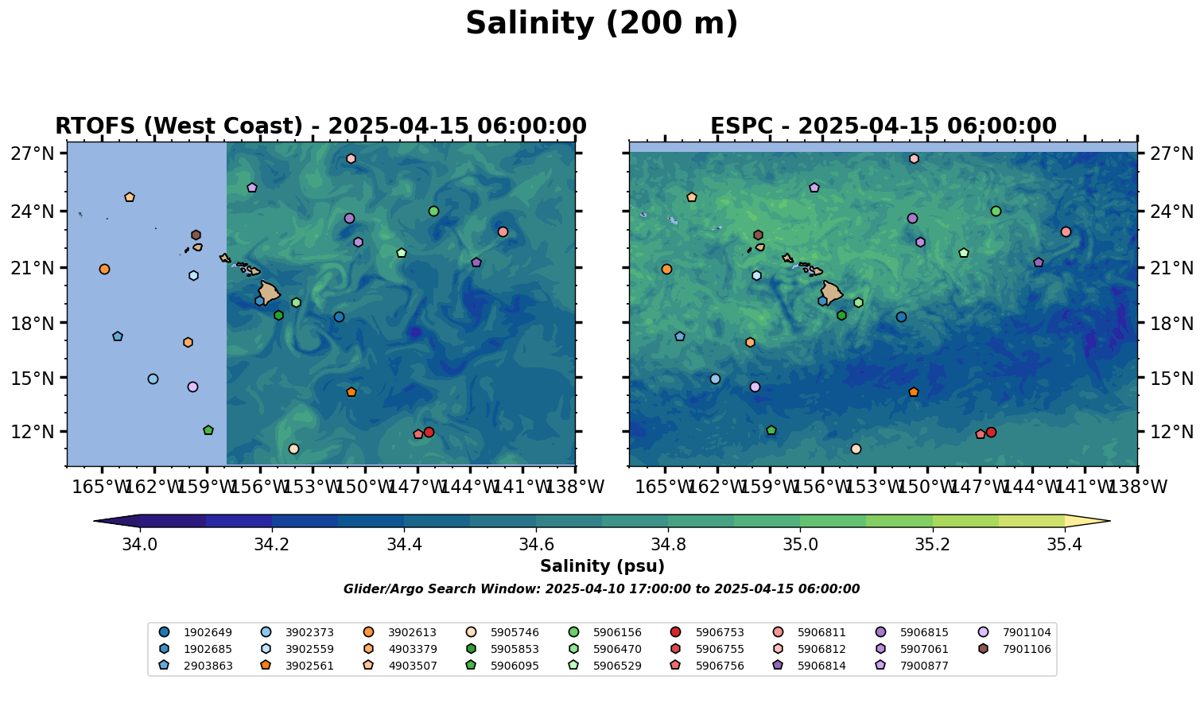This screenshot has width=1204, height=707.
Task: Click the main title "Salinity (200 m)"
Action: pos(601,24)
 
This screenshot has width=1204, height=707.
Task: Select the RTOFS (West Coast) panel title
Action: pos(320,126)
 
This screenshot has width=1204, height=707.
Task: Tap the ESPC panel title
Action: pos(883,126)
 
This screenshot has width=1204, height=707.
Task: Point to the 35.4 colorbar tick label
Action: pos(1064,545)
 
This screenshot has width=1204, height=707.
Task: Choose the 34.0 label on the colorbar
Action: pos(140,545)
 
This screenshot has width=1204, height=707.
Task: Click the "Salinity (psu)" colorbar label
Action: pos(602,566)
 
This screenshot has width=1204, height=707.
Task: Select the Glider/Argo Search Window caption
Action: pos(601,589)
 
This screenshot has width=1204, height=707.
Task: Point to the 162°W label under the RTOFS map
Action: pos(153,486)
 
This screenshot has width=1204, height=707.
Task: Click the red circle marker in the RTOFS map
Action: pos(429,432)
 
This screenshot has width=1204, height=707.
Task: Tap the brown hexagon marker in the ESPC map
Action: pos(758,235)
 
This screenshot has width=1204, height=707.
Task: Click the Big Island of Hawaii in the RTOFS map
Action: pos(269,292)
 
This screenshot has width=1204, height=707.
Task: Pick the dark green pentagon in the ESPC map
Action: pos(771,430)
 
